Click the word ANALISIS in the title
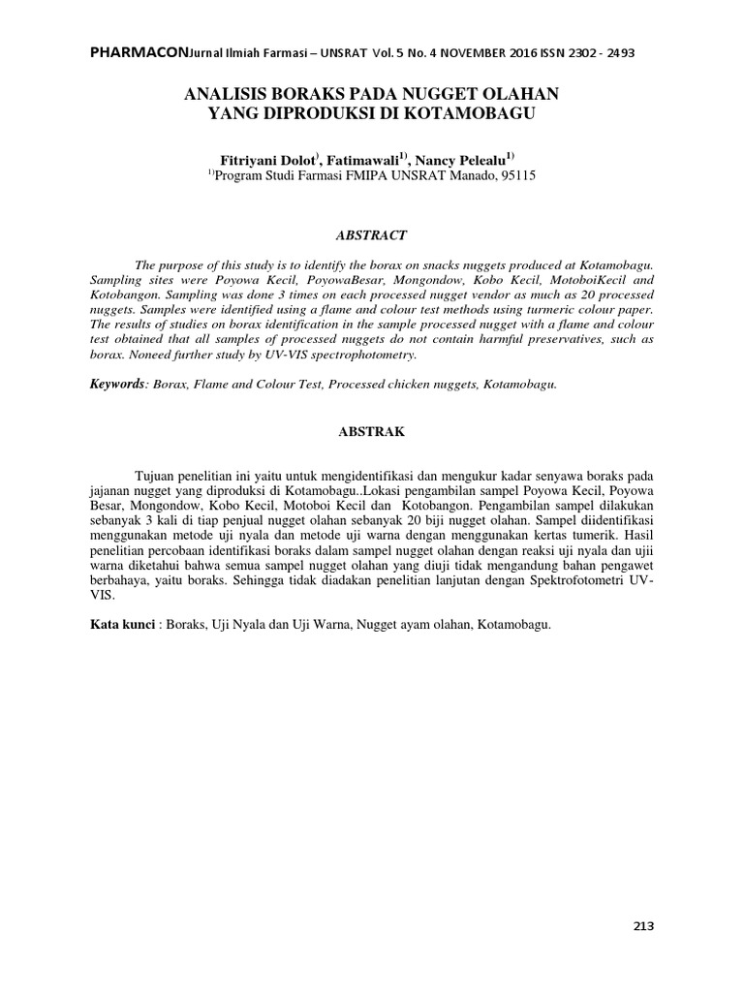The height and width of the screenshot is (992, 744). point(228,95)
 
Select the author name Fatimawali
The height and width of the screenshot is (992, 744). point(364,158)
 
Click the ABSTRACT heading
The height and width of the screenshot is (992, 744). point(371,235)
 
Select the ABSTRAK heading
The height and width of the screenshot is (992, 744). point(371,433)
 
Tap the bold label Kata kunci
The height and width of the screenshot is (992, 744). point(122,625)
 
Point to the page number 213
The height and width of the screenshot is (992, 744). point(644,926)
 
